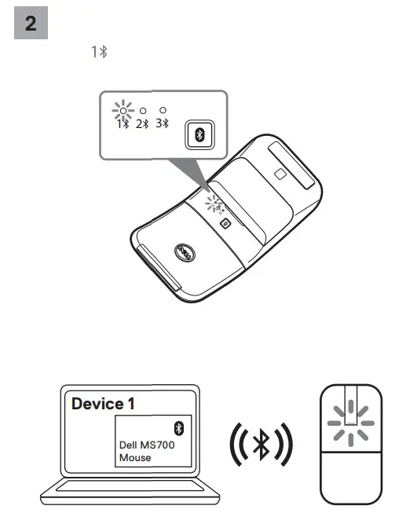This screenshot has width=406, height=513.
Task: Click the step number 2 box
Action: pyautogui.click(x=31, y=23)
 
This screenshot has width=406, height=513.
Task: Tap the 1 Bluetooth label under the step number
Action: pyautogui.click(x=98, y=52)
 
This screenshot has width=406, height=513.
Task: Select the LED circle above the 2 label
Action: pyautogui.click(x=143, y=111)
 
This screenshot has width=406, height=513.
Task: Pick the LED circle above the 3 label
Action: pyautogui.click(x=163, y=111)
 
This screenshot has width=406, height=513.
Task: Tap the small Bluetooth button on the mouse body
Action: pyautogui.click(x=225, y=223)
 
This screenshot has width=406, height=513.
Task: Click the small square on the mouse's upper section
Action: pyautogui.click(x=280, y=175)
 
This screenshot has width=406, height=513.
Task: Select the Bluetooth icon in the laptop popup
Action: pyautogui.click(x=177, y=427)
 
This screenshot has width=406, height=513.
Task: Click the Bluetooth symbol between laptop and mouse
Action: pyautogui.click(x=260, y=444)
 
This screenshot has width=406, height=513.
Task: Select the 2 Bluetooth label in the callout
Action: pyautogui.click(x=142, y=124)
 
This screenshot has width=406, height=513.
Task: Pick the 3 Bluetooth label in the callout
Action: pyautogui.click(x=163, y=124)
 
